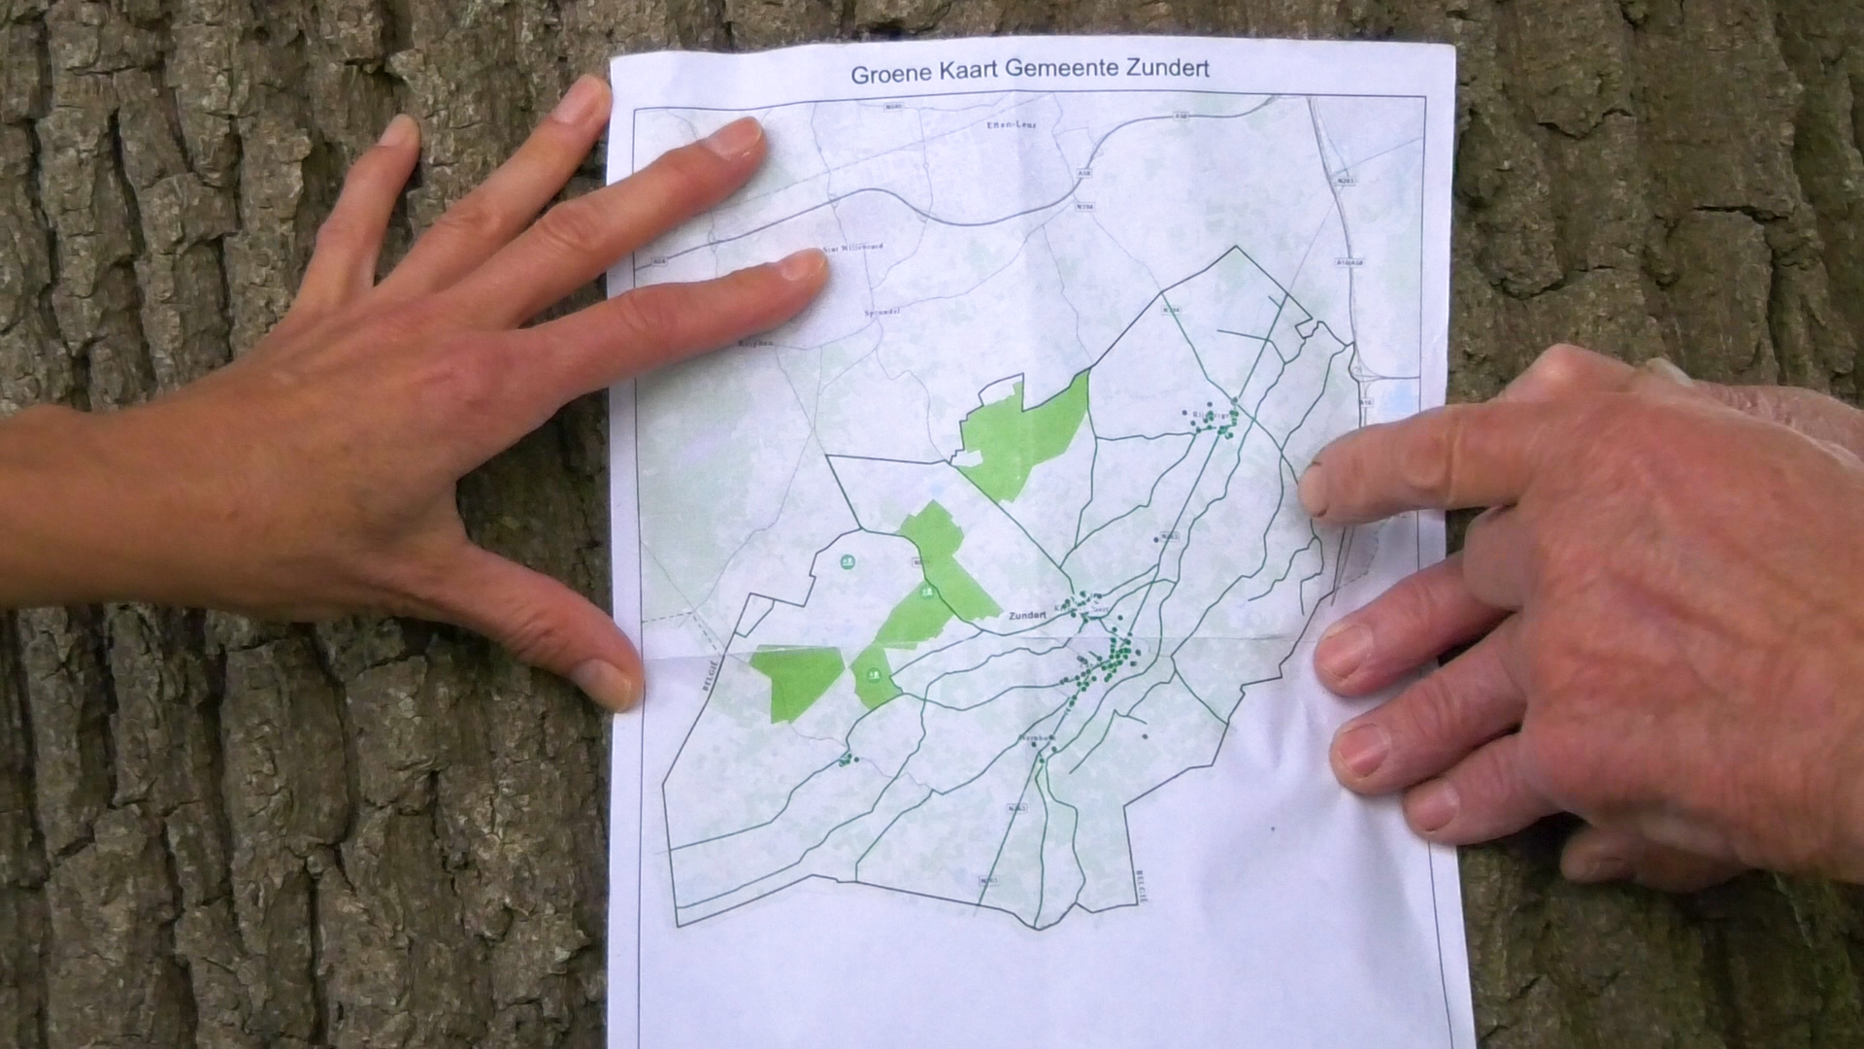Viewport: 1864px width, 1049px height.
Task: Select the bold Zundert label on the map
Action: [x=1028, y=616]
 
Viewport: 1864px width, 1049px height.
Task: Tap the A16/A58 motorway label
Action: [x=1349, y=261]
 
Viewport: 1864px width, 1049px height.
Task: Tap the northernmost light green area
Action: [x=1025, y=437]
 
